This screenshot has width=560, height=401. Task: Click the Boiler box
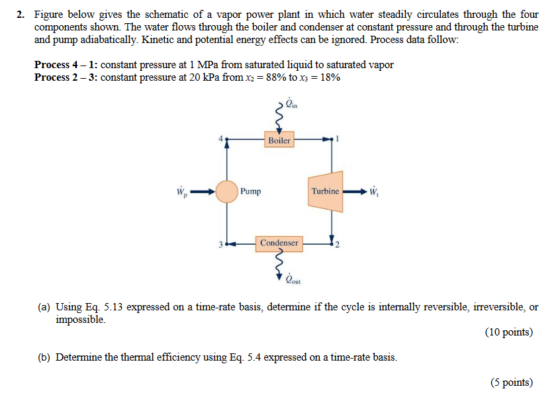pyautogui.click(x=279, y=140)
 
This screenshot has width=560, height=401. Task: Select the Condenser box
pyautogui.click(x=279, y=243)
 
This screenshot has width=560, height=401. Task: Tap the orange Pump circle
pyautogui.click(x=227, y=192)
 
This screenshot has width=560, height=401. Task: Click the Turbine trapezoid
pyautogui.click(x=325, y=192)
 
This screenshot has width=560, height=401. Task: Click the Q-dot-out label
pyautogui.click(x=292, y=279)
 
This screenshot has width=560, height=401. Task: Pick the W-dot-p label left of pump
pyautogui.click(x=181, y=193)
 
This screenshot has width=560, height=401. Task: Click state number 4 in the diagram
pyautogui.click(x=222, y=139)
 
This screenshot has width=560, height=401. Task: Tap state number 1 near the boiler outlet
pyautogui.click(x=337, y=139)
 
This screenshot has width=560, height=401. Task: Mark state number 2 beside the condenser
pyautogui.click(x=337, y=247)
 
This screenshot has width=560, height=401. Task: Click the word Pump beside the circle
pyautogui.click(x=251, y=192)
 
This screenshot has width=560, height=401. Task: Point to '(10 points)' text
pyautogui.click(x=508, y=332)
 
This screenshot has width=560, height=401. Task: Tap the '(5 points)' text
pyautogui.click(x=511, y=382)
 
